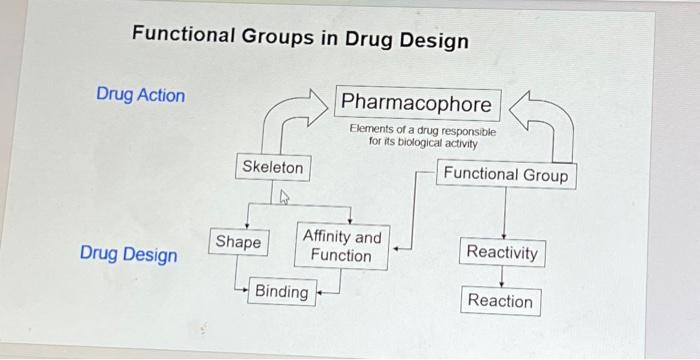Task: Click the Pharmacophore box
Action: pos(416,103)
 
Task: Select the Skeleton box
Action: pos(272,167)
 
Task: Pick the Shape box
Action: pos(237,242)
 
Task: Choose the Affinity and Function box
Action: pos(340,246)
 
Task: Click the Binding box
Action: pos(281,292)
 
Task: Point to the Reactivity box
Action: pos(502,252)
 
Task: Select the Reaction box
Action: pos(500,300)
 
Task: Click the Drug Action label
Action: pos(140,95)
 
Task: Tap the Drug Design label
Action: pos(128,254)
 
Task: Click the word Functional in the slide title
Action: pos(183,39)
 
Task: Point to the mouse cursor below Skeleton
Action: pos(284,197)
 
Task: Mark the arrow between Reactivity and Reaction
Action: pos(501,276)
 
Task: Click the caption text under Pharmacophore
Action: pos(422,136)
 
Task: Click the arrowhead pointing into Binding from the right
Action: pos(320,294)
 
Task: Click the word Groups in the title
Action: pos(281,40)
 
